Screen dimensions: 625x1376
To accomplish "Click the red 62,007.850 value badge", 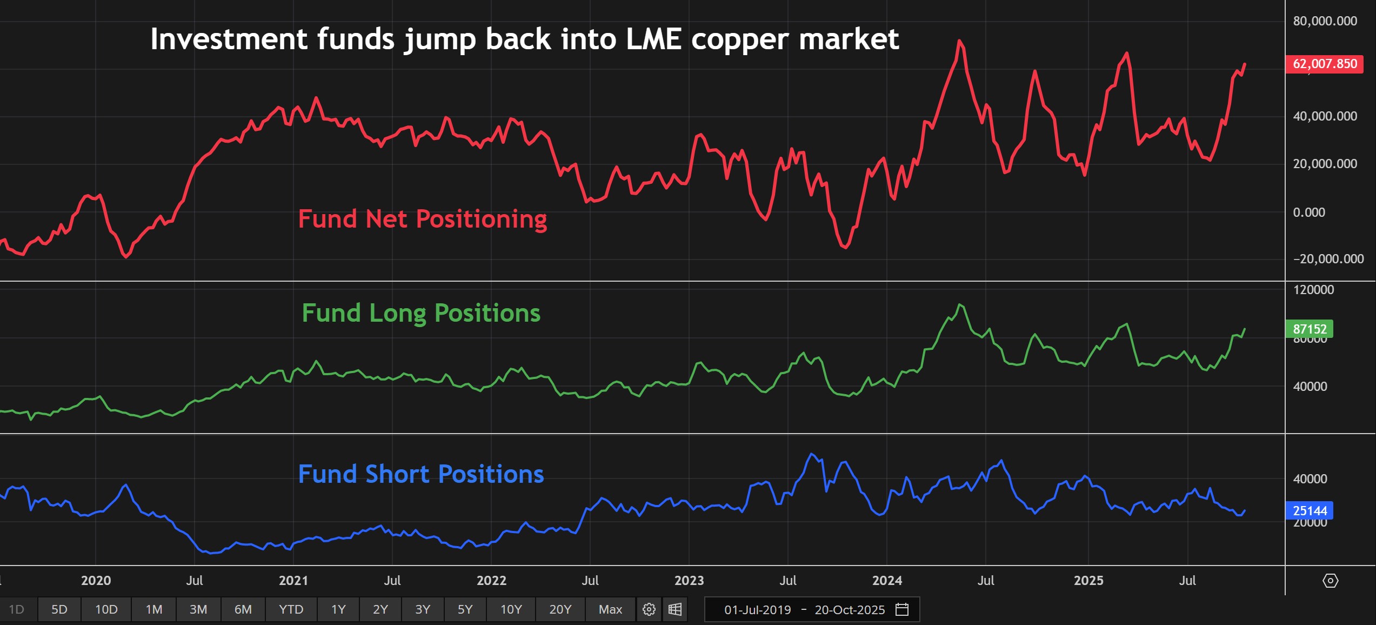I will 1324,64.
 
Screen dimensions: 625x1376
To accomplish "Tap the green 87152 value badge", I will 1310,329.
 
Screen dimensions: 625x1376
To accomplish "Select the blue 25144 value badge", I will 1310,511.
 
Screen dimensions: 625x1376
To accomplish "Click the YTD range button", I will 291,609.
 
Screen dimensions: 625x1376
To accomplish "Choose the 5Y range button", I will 465,609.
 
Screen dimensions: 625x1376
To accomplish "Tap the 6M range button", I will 243,609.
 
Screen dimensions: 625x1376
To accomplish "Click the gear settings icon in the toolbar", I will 649,609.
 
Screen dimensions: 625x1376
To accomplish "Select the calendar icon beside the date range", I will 902,609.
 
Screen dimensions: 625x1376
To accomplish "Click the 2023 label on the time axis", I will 689,581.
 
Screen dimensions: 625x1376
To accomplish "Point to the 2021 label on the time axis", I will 293,581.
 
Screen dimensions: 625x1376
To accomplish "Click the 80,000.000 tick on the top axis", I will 1325,21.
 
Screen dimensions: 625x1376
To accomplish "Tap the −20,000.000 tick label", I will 1328,259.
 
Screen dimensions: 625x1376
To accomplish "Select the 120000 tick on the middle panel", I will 1313,290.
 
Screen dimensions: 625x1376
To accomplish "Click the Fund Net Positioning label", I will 422,219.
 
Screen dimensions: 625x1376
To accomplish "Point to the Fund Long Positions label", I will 421,313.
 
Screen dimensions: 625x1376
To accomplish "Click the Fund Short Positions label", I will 421,474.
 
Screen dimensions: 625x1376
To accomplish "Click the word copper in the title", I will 740,39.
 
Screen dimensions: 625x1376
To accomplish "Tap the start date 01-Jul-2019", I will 757,610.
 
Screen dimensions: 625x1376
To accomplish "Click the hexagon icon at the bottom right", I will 1330,581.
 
